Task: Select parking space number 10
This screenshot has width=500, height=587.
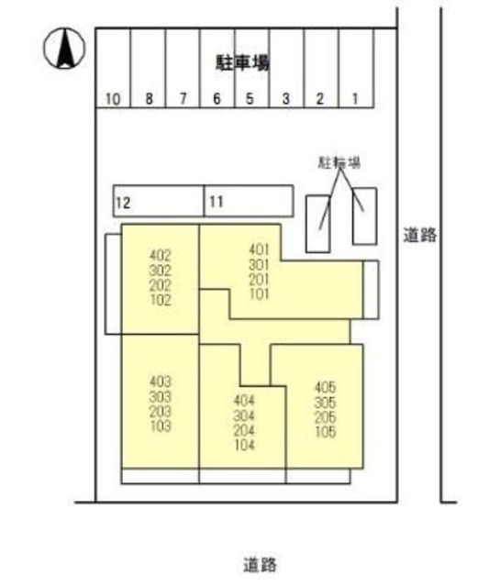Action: pyautogui.click(x=113, y=99)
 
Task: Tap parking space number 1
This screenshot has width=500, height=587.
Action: pyautogui.click(x=354, y=99)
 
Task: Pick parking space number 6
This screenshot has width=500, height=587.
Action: pyautogui.click(x=217, y=99)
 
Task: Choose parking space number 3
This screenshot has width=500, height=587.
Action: pyautogui.click(x=285, y=99)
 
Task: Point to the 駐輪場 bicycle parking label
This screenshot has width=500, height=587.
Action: pyautogui.click(x=337, y=162)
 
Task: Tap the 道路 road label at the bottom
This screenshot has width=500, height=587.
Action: pyautogui.click(x=261, y=562)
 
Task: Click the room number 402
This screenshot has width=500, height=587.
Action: pyautogui.click(x=160, y=256)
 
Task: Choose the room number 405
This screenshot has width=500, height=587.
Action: pyautogui.click(x=325, y=387)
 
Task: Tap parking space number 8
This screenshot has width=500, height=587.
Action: pyautogui.click(x=149, y=99)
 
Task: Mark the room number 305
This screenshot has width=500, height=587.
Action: pyautogui.click(x=325, y=402)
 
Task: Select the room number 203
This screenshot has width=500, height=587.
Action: pyautogui.click(x=160, y=411)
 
